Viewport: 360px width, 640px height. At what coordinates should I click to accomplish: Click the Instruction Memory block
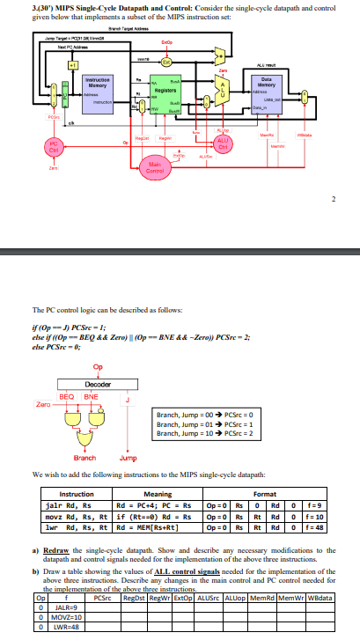pyautogui.click(x=97, y=86)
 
